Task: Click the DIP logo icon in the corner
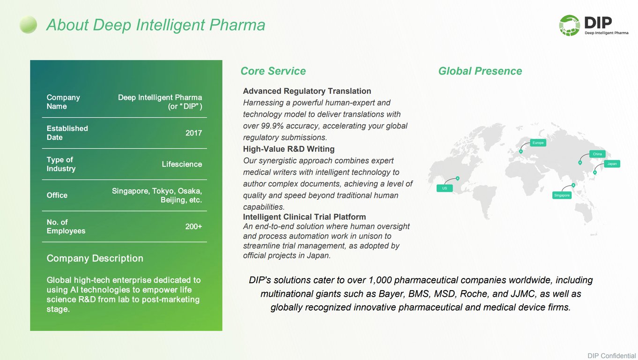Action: [569, 25]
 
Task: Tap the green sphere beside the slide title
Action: [28, 25]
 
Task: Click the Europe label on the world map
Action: [538, 143]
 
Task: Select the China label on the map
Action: [597, 154]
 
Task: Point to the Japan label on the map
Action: [612, 164]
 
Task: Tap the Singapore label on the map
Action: [562, 195]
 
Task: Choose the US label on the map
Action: [445, 188]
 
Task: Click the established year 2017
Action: [193, 133]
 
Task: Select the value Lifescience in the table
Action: [182, 164]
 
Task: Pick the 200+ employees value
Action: [193, 226]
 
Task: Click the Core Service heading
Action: [273, 71]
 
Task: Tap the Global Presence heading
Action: [480, 71]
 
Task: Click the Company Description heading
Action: [95, 258]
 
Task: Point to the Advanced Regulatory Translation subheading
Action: [307, 91]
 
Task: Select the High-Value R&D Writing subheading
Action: [289, 149]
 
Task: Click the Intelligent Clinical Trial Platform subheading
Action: [304, 217]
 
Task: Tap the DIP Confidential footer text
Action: [611, 356]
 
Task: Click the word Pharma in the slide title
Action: [237, 25]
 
